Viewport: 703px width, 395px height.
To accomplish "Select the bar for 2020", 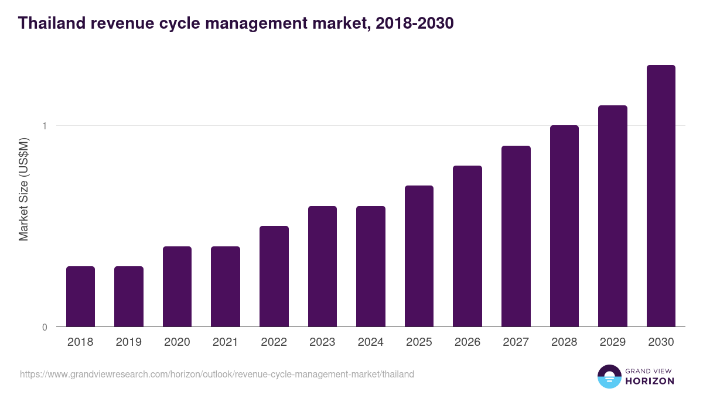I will pos(177,286).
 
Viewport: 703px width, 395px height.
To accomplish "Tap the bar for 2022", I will pos(274,276).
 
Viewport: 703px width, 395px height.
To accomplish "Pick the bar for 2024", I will pos(371,266).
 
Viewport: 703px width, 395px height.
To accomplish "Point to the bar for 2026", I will pos(467,246).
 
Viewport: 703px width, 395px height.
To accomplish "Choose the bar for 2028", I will pos(564,226).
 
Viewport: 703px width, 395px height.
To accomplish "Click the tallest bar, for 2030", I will pos(661,195).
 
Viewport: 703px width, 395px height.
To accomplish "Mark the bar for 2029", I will pos(613,216).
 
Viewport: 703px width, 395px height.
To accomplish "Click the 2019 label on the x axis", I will pos(129,342).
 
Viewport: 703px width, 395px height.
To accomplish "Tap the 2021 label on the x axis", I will pos(226,342).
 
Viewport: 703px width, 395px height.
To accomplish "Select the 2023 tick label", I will pos(322,342).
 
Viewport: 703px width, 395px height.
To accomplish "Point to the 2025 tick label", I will pos(419,342).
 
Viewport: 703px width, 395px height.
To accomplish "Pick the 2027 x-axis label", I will pos(516,342).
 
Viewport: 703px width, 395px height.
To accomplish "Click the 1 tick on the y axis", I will pos(45,126).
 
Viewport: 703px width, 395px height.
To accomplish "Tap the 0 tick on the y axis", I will pos(45,327).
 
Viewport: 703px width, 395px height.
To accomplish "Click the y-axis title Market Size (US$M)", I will pos(23,189).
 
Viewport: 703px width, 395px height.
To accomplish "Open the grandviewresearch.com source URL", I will pos(217,374).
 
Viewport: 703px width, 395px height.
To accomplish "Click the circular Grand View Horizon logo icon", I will pos(609,377).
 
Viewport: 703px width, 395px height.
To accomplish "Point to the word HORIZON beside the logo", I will pos(650,381).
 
